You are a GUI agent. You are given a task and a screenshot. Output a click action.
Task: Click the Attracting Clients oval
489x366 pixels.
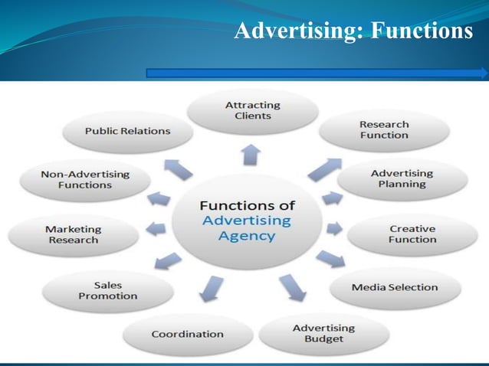(252, 110)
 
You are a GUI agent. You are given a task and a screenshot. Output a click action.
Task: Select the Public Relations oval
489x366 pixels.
(127, 131)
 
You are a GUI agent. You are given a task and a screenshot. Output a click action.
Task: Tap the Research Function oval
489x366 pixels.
(384, 129)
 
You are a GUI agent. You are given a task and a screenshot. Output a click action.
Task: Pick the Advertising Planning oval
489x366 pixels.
(402, 178)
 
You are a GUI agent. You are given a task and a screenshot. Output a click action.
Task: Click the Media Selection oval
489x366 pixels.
(395, 287)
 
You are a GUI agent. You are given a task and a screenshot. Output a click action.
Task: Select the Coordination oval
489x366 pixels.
(187, 334)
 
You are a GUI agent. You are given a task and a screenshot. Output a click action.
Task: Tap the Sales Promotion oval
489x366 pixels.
(108, 290)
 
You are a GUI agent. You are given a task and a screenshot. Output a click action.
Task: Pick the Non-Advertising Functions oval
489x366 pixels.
(76, 179)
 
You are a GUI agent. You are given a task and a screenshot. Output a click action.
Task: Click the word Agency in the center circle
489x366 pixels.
(246, 236)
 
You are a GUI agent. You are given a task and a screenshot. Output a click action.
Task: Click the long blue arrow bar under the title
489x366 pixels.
(316, 74)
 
